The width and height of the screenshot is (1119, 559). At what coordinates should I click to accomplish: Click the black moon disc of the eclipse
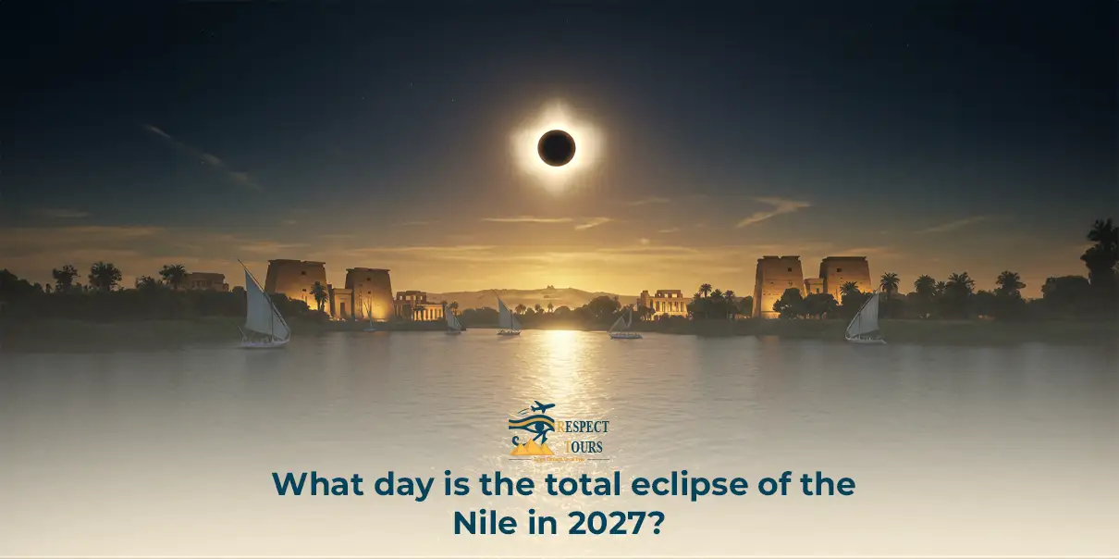click(557, 148)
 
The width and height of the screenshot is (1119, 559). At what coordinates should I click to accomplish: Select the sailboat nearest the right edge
click(866, 320)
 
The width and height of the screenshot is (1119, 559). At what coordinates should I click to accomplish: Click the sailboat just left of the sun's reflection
click(507, 317)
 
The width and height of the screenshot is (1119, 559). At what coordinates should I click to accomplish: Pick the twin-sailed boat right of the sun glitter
click(625, 324)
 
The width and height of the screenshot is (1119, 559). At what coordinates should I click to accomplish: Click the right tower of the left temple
click(369, 292)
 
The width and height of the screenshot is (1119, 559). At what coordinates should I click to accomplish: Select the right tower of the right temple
click(844, 277)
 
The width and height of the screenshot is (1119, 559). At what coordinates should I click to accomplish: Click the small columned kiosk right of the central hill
click(663, 303)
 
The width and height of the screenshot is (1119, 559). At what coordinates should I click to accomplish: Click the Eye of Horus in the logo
click(533, 429)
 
